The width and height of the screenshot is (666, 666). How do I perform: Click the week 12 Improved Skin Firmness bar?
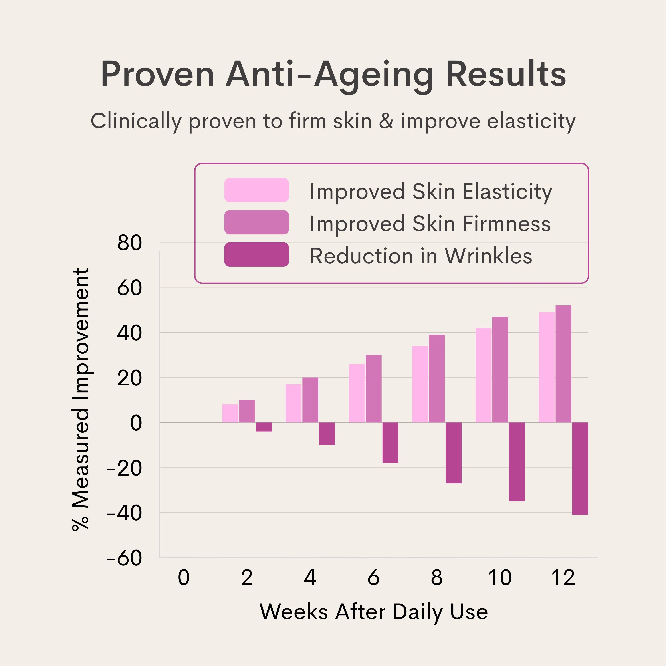[x=563, y=364]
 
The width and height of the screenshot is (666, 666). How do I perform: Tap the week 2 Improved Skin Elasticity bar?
[x=230, y=413]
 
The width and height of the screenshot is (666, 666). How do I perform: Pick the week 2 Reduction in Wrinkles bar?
[x=264, y=427]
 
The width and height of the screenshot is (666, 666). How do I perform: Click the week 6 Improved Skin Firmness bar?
[x=374, y=388]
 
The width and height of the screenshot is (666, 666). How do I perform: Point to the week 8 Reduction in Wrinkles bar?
[x=454, y=453]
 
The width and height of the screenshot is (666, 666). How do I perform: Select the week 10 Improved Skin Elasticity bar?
[x=483, y=375]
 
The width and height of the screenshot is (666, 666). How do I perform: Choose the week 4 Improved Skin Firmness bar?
[x=310, y=400]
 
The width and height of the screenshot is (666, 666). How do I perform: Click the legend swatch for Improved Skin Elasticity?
[x=256, y=190]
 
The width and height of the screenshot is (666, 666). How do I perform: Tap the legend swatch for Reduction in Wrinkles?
[x=256, y=254]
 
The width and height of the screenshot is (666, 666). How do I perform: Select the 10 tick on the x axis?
[x=500, y=577]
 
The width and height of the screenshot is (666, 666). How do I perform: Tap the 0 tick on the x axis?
[x=184, y=577]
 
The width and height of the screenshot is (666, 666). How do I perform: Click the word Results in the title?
[x=506, y=74]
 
